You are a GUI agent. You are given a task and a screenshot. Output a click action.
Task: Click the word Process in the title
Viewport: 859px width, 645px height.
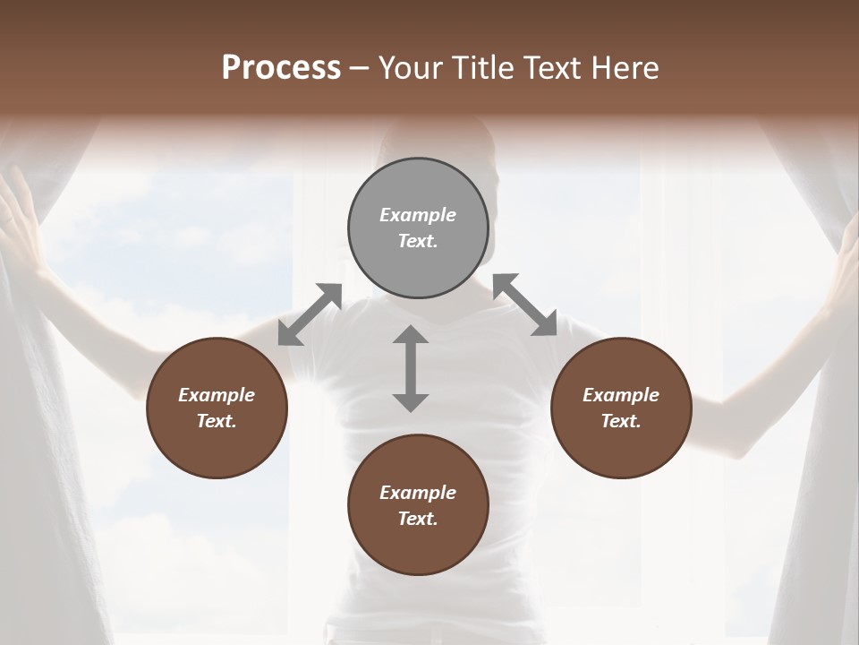[281, 68]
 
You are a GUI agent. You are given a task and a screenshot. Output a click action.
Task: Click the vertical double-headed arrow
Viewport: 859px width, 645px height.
[411, 368]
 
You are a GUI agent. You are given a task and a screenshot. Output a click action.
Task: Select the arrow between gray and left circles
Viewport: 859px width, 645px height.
[310, 314]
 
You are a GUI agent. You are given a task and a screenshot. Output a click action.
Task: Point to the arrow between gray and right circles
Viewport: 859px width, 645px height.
[524, 305]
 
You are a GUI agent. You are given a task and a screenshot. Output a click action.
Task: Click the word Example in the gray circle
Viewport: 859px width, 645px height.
[418, 215]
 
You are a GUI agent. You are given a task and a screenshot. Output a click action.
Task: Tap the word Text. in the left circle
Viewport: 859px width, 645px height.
[217, 421]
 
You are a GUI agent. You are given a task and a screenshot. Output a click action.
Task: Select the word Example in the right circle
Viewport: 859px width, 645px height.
[621, 395]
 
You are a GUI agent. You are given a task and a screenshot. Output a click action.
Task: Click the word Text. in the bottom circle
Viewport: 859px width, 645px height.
[418, 519]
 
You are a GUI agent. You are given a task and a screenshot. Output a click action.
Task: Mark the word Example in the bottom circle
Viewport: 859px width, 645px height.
[418, 493]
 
